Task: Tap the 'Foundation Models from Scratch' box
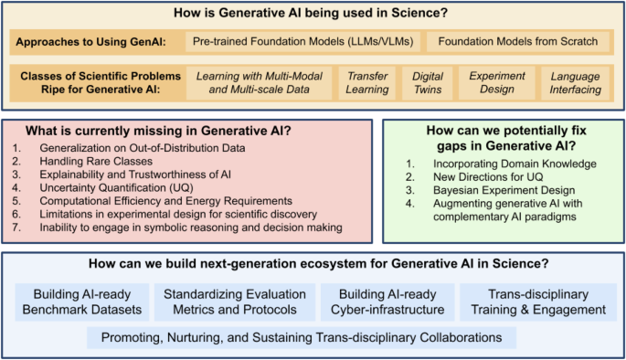tap(516, 43)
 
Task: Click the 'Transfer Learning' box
tap(366, 83)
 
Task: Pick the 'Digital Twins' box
tap(427, 83)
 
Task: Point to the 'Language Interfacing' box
tap(576, 83)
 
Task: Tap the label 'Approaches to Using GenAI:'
tap(95, 43)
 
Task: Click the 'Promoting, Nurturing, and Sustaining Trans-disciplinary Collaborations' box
tap(302, 337)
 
